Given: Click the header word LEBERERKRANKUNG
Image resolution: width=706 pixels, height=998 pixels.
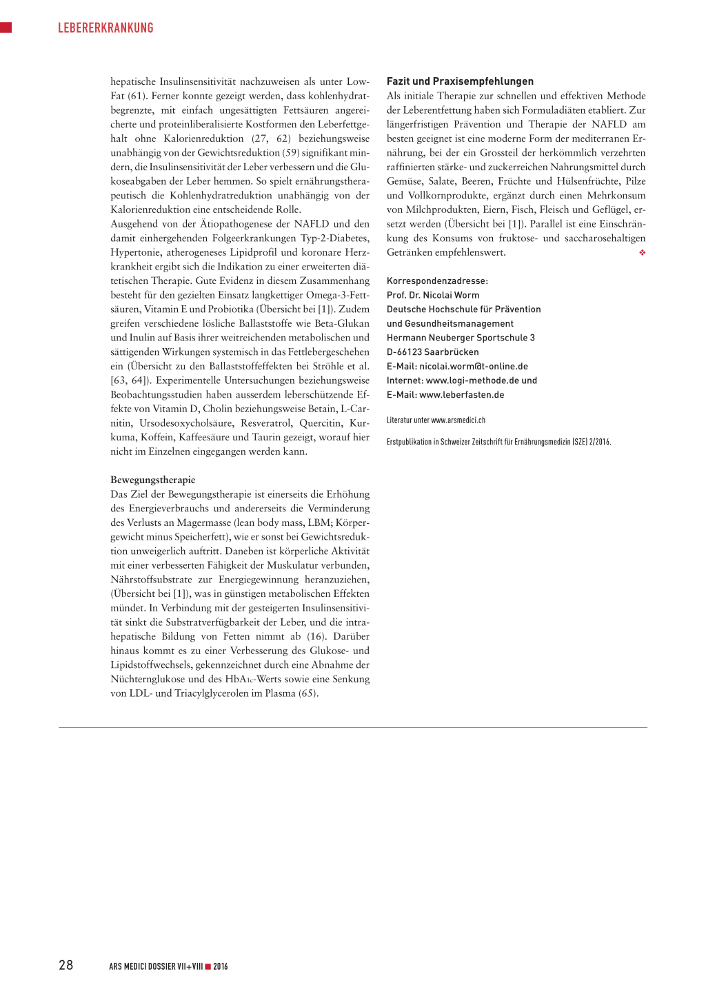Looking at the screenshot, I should pos(105,28).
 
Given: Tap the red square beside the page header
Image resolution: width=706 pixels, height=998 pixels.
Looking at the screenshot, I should pos(6,28).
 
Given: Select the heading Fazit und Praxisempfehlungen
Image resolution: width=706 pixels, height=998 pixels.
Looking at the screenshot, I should pos(460,81).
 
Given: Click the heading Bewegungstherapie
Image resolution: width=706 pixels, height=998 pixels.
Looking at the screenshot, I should pos(153,480).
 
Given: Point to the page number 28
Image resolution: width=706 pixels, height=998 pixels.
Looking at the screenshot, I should pos(66,965).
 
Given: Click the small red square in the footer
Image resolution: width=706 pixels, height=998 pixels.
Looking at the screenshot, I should pos(208,966).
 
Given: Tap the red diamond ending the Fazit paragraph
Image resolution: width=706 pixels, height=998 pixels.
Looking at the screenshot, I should pos(642,253).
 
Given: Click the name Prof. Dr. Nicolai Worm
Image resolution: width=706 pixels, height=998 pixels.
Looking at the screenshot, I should pos(433,295).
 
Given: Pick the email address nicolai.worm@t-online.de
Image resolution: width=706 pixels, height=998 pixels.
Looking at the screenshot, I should pos(474,367).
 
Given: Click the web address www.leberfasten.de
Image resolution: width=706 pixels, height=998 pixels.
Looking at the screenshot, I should pos(462,395).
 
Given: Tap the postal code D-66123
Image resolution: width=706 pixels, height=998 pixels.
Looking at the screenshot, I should pos(404,352).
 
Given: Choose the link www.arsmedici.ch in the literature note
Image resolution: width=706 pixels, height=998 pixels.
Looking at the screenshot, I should pos(458,420).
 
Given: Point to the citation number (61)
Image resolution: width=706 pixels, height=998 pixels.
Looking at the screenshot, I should pos(137,96).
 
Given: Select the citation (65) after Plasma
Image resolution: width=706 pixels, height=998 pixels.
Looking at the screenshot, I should pos(308,693).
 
